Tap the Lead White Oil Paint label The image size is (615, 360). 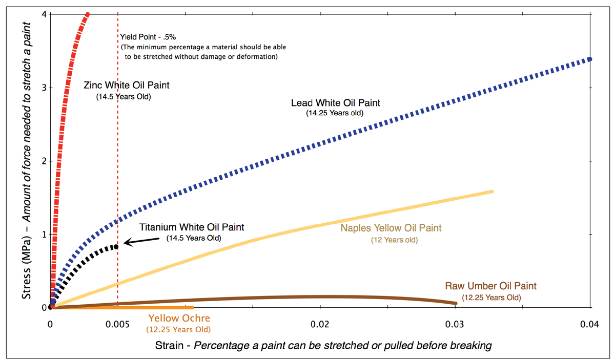336,103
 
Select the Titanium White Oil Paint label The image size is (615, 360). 192,227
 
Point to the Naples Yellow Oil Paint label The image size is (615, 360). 391,228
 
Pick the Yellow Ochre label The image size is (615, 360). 178,319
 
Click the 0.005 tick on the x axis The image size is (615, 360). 118,324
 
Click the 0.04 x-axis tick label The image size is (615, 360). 590,324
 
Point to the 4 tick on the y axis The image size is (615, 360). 45,14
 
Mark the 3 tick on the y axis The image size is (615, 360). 45,88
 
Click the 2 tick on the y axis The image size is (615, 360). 45,161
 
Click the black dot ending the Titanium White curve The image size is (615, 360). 116,246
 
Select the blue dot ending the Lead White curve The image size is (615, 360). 589,59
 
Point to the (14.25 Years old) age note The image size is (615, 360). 335,113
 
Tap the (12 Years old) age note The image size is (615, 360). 394,239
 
